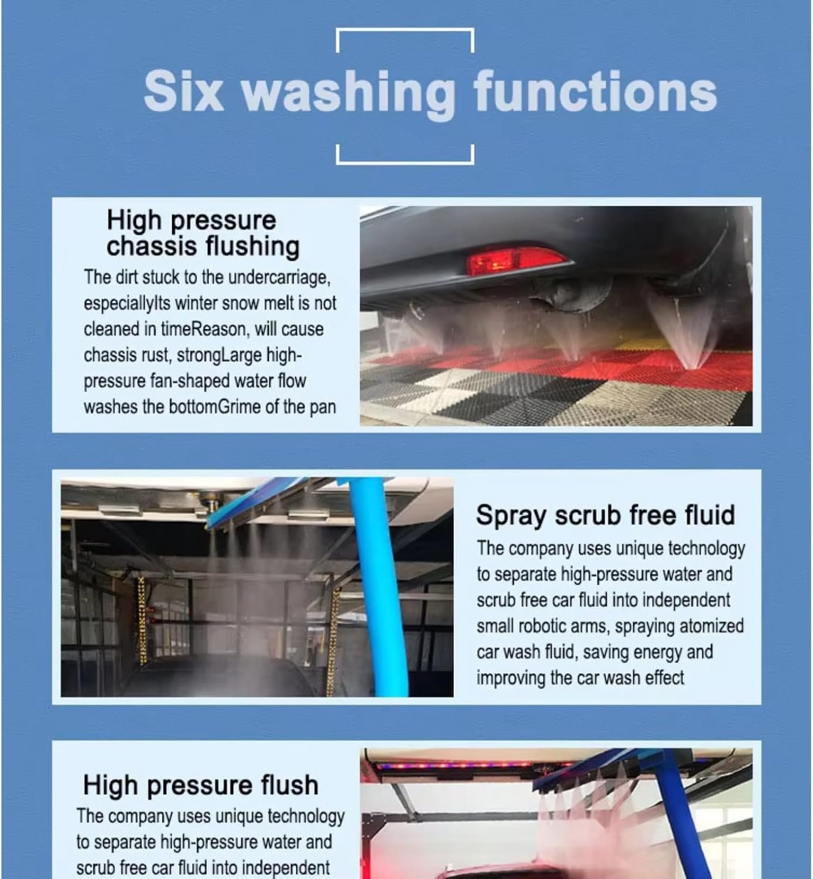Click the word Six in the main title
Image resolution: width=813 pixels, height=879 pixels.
pyautogui.click(x=184, y=91)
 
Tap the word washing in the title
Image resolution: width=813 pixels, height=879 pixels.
pyautogui.click(x=349, y=94)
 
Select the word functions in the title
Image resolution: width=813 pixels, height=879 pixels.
pyautogui.click(x=595, y=91)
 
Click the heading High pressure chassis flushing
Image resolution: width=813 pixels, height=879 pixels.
pyautogui.click(x=203, y=234)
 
